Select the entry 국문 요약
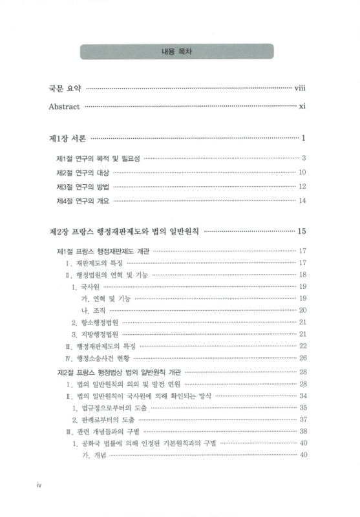click(66, 89)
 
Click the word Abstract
click(65, 107)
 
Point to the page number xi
click(302, 107)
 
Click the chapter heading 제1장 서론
click(68, 138)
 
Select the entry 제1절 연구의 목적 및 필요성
click(98, 158)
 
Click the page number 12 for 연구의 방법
click(301, 187)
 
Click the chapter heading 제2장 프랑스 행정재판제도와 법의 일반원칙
click(125, 231)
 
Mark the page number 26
click(302, 357)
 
